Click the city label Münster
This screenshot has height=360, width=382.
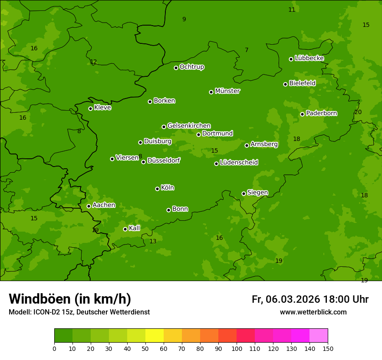point(227,91)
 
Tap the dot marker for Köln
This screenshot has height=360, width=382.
point(157,189)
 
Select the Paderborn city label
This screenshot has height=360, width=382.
point(322,113)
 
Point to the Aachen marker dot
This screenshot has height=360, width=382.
point(89,206)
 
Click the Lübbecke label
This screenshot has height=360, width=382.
point(309,58)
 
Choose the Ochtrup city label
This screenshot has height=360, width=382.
point(192,67)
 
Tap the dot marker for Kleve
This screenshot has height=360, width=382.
point(90,108)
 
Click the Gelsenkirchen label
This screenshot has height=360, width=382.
point(189,126)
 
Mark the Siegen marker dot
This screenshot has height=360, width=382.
point(244,193)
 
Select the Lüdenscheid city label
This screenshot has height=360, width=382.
point(239,163)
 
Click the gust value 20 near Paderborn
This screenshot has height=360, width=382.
point(358,112)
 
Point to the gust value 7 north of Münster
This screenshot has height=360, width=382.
point(247,50)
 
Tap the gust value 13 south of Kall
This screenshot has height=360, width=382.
point(153,241)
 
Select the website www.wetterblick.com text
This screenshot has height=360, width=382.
point(313,312)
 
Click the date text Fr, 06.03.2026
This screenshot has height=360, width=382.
point(286,299)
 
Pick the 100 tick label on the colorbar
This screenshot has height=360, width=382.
point(237,348)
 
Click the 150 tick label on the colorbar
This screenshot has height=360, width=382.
point(328,348)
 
